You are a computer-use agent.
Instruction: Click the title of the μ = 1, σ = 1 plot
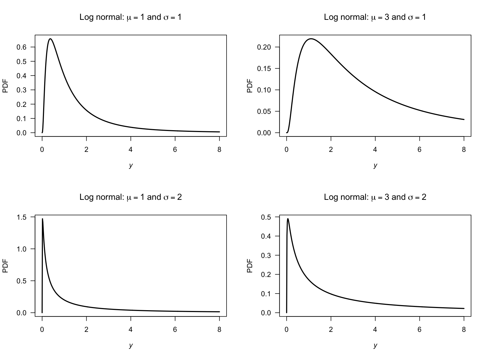pyautogui.click(x=130, y=17)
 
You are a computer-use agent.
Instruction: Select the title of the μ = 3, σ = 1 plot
pyautogui.click(x=375, y=17)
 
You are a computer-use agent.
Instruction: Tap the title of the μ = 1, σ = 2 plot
pyautogui.click(x=130, y=197)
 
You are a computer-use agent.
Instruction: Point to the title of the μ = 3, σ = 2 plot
pyautogui.click(x=375, y=197)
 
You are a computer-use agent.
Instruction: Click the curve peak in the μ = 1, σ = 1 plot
pyautogui.click(x=50, y=39)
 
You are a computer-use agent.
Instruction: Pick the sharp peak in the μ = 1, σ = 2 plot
pyautogui.click(x=43, y=219)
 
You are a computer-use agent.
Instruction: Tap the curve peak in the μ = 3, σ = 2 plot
pyautogui.click(x=288, y=219)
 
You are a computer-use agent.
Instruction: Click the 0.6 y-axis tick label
pyautogui.click(x=22, y=47)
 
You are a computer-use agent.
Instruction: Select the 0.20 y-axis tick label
pyautogui.click(x=264, y=47)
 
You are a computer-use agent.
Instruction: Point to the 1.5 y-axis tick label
pyautogui.click(x=22, y=217)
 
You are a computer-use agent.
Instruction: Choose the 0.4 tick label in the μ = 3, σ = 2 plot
pyautogui.click(x=266, y=236)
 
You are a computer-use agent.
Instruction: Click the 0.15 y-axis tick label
pyautogui.click(x=264, y=69)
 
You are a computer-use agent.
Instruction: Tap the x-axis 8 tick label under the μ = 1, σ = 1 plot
pyautogui.click(x=219, y=150)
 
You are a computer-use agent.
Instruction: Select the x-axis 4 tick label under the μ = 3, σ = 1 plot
pyautogui.click(x=375, y=150)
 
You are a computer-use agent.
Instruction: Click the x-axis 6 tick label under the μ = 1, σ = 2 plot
pyautogui.click(x=175, y=330)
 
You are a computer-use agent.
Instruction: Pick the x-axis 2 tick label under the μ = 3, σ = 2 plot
pyautogui.click(x=331, y=330)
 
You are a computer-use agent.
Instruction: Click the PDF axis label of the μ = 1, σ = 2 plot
pyautogui.click(x=5, y=266)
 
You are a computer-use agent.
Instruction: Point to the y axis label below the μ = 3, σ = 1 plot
pyautogui.click(x=375, y=166)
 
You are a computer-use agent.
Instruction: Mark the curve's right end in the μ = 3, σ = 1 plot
pyautogui.click(x=464, y=119)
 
